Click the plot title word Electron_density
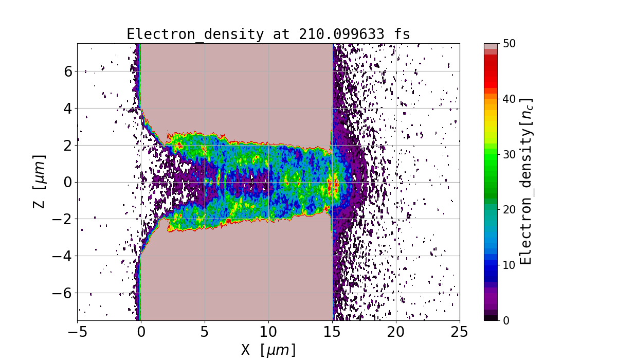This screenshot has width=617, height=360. click(x=194, y=34)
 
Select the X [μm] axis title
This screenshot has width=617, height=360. click(x=268, y=350)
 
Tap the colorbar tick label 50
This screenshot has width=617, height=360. click(x=509, y=44)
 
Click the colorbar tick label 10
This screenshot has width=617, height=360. click(x=509, y=265)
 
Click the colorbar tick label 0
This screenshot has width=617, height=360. click(x=506, y=320)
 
